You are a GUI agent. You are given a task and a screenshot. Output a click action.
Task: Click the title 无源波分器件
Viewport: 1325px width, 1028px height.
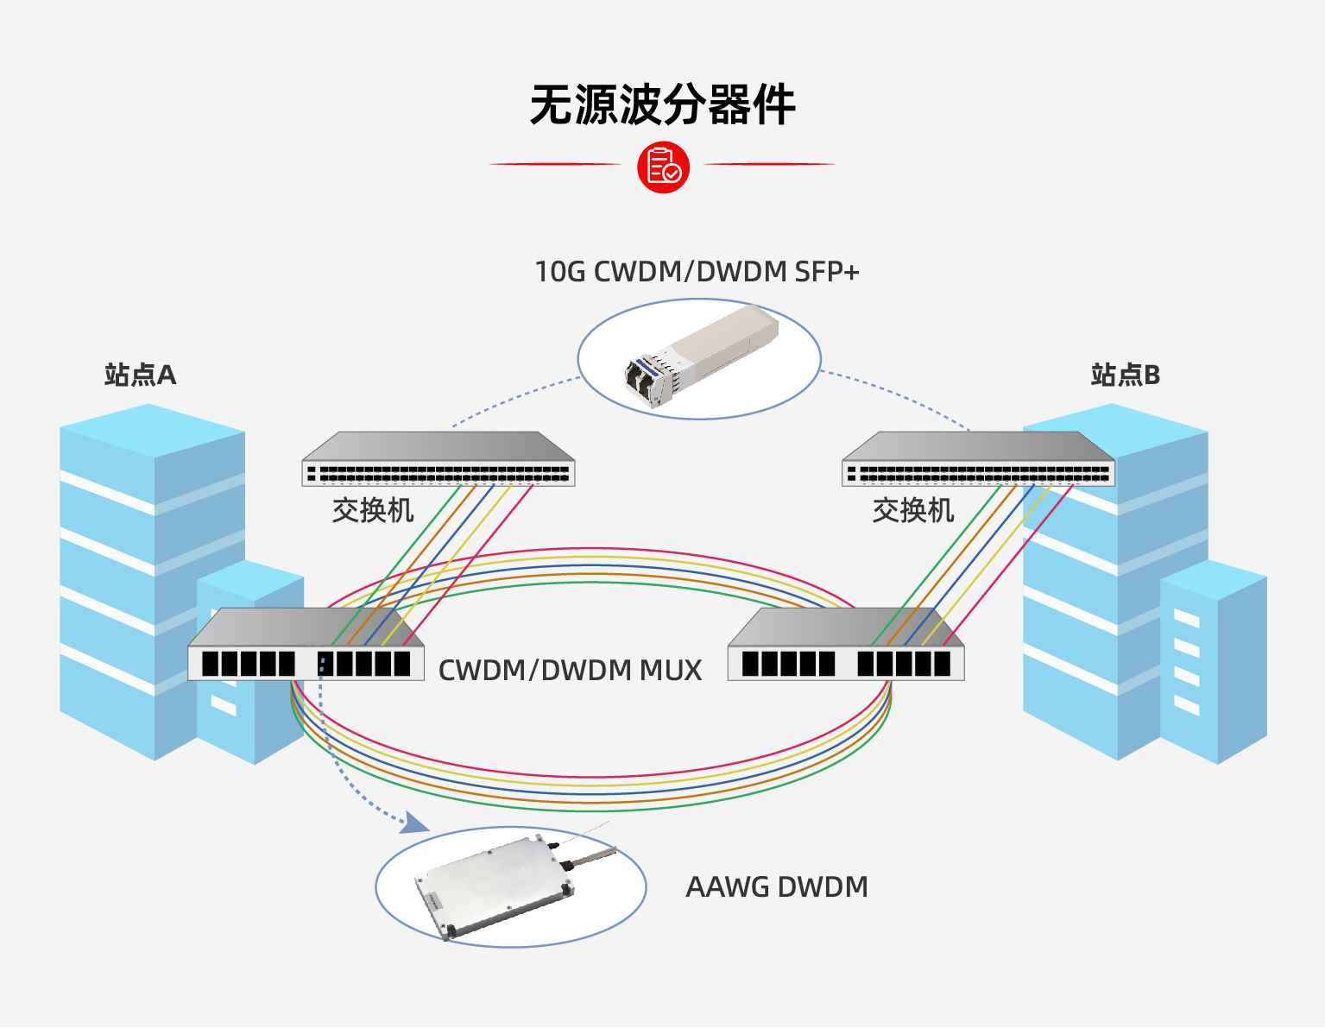point(662,105)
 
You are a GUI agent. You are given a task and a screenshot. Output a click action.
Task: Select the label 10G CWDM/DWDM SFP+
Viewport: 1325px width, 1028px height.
point(697,272)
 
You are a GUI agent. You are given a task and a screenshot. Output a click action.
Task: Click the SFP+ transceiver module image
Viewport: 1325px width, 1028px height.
point(701,355)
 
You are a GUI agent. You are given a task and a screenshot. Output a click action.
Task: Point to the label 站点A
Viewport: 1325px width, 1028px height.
point(140,375)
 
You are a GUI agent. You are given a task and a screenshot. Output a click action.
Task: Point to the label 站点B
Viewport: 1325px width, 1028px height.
point(1125,375)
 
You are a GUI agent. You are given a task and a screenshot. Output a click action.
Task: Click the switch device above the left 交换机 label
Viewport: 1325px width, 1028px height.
point(438,460)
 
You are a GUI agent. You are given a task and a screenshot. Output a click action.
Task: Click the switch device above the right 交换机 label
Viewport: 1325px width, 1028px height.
point(978,460)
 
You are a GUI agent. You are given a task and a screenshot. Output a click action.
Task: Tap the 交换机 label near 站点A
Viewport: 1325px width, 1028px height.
point(373,511)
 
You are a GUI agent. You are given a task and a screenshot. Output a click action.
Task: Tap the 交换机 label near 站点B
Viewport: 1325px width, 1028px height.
point(913,511)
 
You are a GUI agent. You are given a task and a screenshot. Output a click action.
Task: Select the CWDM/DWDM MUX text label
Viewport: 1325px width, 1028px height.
point(570,671)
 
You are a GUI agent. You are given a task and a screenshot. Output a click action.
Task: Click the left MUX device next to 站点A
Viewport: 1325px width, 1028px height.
point(306,647)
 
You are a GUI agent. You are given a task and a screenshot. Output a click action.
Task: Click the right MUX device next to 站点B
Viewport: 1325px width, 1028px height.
point(846,647)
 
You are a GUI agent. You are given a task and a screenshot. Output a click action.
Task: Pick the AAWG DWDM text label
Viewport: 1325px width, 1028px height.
point(777,887)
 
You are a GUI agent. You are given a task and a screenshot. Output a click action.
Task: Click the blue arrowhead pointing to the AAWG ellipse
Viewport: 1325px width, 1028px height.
point(416,823)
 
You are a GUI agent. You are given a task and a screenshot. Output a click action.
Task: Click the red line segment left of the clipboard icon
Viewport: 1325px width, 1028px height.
point(554,163)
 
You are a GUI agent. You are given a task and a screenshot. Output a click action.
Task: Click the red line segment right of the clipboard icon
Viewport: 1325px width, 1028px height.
point(770,163)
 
